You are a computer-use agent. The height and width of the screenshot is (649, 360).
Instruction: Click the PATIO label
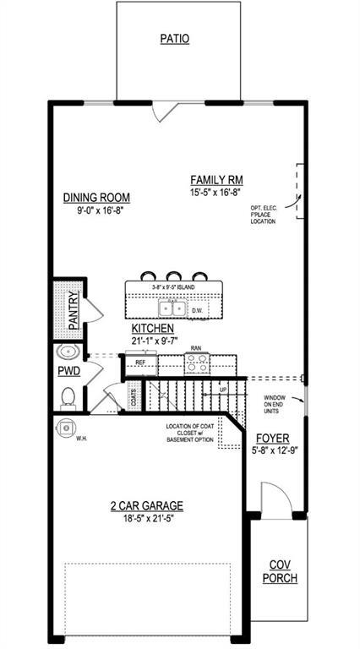[174, 39]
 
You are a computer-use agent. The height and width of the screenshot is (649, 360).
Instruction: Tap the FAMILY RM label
[216, 179]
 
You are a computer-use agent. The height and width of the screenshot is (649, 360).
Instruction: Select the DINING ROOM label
[96, 198]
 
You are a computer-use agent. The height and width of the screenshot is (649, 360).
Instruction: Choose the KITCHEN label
[153, 329]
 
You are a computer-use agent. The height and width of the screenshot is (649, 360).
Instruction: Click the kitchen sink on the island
[173, 308]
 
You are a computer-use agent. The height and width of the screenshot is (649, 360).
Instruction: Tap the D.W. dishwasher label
[198, 310]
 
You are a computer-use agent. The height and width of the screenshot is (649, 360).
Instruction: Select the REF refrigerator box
[141, 363]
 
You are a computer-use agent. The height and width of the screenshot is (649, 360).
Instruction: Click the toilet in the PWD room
[68, 395]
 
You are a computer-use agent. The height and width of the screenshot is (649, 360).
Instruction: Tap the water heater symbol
[66, 428]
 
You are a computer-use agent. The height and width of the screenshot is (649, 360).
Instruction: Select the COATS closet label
[134, 398]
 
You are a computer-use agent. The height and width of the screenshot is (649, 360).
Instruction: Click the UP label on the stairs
[224, 388]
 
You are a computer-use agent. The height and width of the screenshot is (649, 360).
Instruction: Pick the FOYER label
[273, 439]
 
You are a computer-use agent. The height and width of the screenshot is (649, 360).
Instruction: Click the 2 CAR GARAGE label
[146, 506]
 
